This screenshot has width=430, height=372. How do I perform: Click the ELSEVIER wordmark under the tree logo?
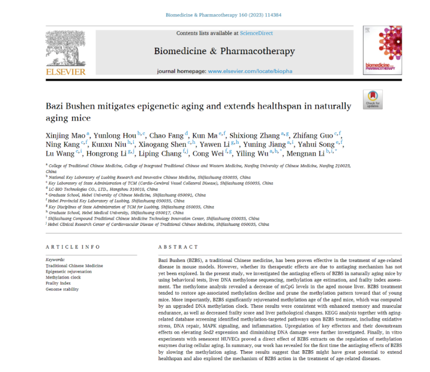[65, 72]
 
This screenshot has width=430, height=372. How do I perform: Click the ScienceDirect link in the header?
[256, 33]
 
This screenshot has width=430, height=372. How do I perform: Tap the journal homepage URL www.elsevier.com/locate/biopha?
[250, 71]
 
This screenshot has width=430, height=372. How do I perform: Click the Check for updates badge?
[372, 99]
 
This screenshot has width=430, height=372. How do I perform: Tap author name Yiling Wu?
[251, 153]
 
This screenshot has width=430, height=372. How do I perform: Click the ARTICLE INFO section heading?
[73, 247]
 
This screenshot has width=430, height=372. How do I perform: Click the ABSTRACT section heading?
[178, 247]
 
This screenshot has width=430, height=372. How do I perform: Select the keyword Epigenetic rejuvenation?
[69, 271]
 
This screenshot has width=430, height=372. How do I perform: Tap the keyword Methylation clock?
[63, 277]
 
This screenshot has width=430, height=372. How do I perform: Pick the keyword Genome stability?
[62, 289]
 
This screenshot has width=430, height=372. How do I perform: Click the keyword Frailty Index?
[58, 283]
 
